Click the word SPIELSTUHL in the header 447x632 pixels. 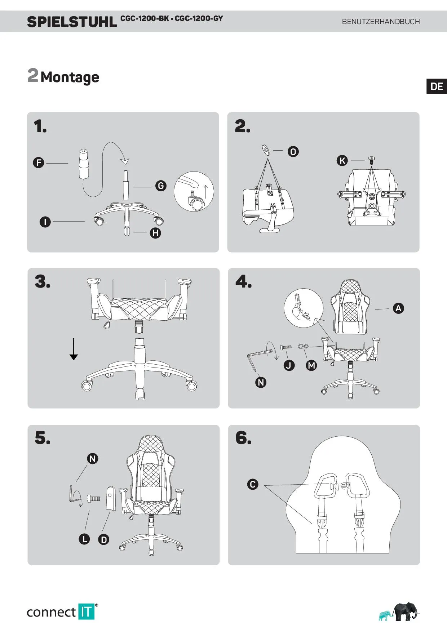(72, 22)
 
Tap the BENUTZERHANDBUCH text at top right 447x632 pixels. (381, 22)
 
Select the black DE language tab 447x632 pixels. (437, 86)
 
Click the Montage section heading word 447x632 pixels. (70, 77)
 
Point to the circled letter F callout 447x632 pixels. (39, 163)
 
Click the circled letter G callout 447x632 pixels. (161, 186)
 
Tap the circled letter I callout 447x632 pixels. (45, 222)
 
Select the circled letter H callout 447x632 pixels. (155, 233)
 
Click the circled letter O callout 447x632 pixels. (293, 152)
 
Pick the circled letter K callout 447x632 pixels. (342, 161)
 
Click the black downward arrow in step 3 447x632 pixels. (74, 349)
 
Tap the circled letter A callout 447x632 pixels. (398, 308)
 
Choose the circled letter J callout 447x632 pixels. (289, 365)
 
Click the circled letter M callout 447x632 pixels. (311, 365)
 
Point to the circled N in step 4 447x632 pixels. (261, 382)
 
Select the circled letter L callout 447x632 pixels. (84, 539)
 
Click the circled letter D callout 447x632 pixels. (104, 539)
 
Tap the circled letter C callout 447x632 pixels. (253, 484)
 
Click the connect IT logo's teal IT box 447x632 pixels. (86, 612)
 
